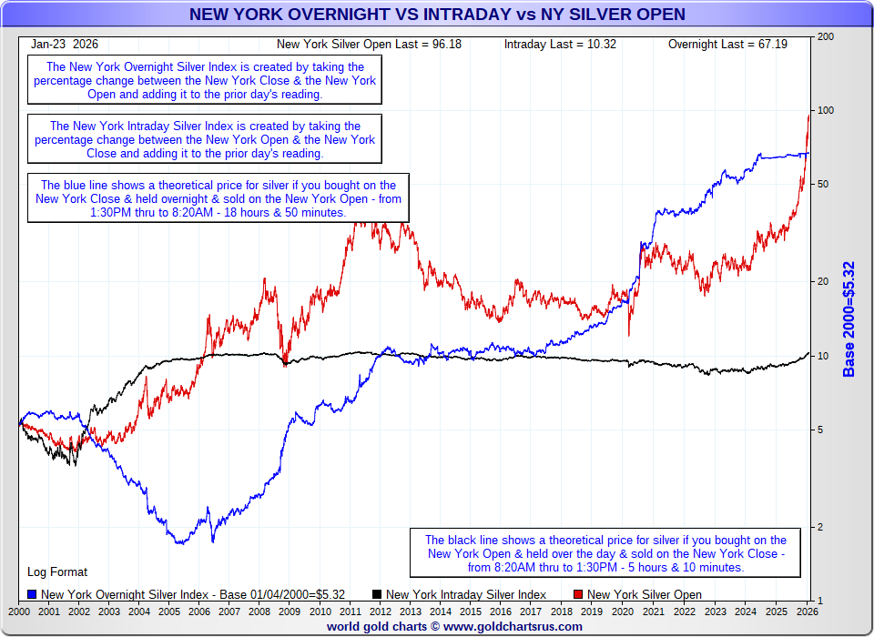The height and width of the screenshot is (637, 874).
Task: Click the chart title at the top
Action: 437,15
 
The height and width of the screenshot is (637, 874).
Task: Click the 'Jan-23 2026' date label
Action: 65,44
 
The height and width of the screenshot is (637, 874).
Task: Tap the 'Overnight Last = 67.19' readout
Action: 727,44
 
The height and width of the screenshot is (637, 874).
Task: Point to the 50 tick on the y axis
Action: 824,185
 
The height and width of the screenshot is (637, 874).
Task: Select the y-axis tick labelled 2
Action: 821,527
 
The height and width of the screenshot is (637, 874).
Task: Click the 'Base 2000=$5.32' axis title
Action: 849,318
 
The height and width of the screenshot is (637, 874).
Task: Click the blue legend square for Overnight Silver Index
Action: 32,594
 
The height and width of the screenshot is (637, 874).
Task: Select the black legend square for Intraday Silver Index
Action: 377,594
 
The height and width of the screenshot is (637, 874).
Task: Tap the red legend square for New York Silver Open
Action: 578,594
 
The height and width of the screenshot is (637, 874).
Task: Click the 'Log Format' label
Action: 57,572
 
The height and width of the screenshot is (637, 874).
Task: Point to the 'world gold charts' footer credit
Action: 454,626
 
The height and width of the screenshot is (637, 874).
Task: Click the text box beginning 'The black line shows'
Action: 605,553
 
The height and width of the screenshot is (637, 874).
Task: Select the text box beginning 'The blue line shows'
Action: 218,197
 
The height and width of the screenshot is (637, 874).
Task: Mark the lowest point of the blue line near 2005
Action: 180,543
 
